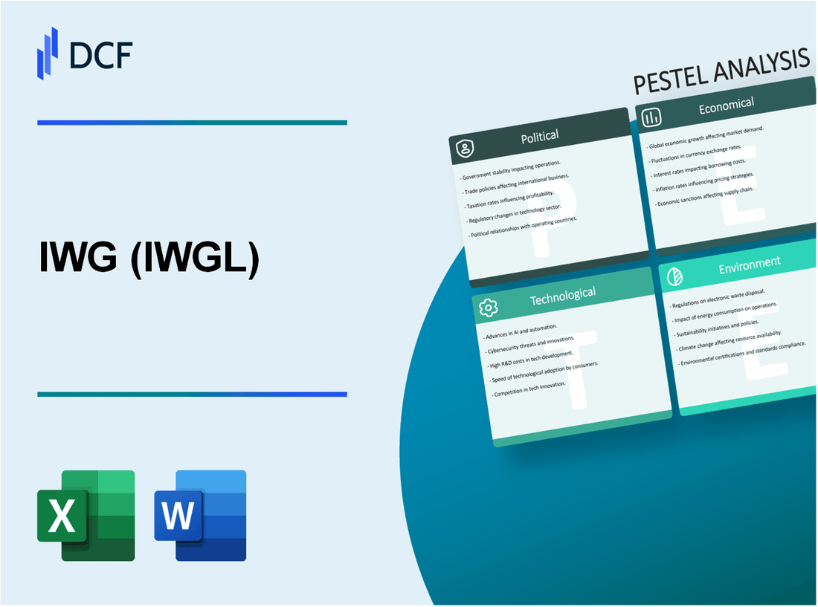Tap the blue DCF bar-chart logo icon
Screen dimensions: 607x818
click(x=48, y=53)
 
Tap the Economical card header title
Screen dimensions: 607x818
click(x=726, y=106)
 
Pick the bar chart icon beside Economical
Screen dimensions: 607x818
click(x=652, y=117)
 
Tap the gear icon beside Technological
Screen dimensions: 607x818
click(x=489, y=307)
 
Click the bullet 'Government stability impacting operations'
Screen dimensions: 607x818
click(x=511, y=171)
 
